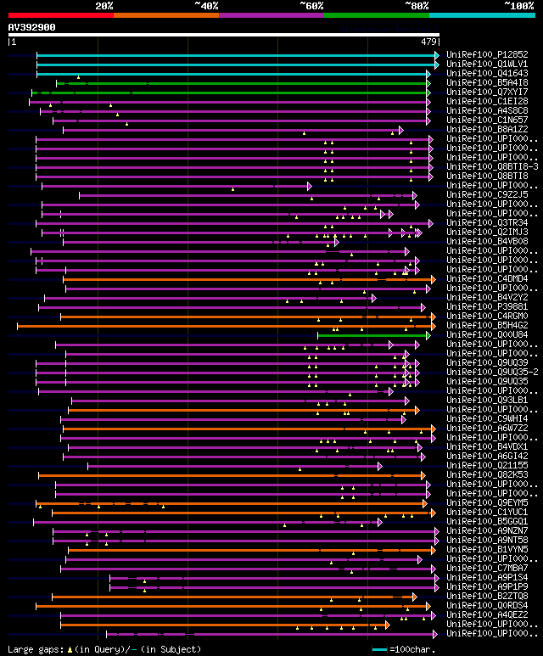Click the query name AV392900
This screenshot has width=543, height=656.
(32, 27)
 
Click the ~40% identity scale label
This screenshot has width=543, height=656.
(205, 5)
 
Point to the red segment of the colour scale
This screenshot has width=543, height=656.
(60, 14)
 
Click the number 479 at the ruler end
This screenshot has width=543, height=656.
(428, 41)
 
